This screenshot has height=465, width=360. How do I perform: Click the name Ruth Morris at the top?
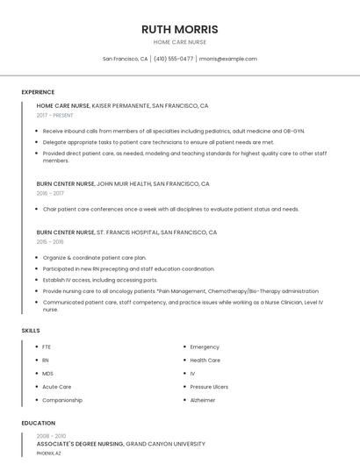(180, 29)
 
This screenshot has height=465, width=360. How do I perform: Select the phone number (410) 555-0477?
(174, 59)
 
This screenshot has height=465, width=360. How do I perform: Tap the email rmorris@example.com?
(227, 59)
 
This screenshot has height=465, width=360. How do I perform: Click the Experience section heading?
(38, 92)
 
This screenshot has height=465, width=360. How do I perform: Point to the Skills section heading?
(31, 330)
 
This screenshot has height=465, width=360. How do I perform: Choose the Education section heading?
(38, 423)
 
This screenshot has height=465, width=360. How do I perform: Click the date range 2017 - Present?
(55, 115)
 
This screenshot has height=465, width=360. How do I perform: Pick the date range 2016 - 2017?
(50, 193)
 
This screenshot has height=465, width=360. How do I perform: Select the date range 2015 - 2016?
(50, 241)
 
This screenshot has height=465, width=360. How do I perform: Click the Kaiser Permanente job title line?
(122, 105)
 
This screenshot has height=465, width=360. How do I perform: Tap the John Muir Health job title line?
(123, 184)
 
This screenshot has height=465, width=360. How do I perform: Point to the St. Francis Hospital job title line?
(126, 232)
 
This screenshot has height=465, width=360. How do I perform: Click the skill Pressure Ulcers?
(209, 387)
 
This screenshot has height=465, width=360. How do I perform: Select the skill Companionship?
(62, 400)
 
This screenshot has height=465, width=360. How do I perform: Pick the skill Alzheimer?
(203, 400)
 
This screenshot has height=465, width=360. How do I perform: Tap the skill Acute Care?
(57, 387)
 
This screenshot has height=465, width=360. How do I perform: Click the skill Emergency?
(205, 347)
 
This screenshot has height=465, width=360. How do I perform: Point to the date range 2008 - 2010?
(51, 436)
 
